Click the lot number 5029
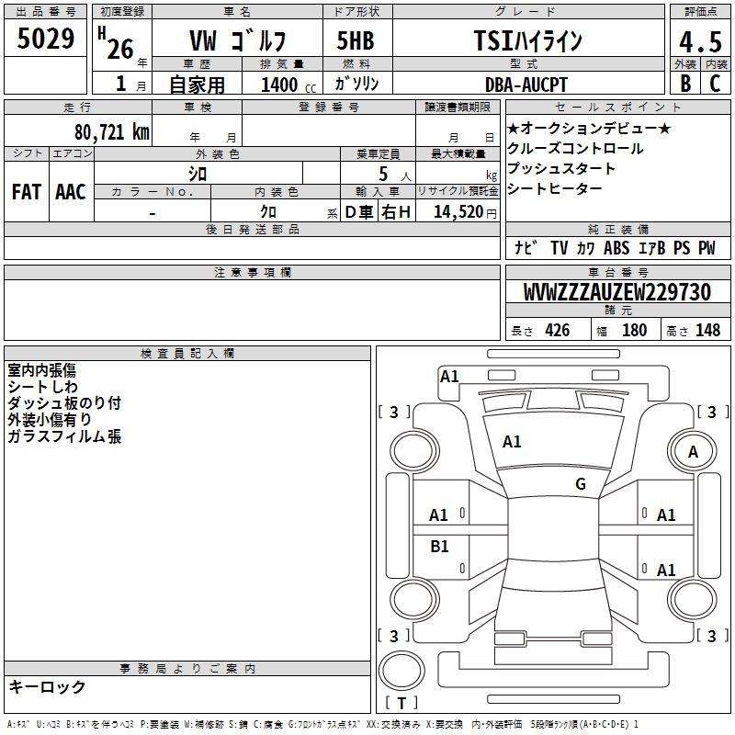click(x=45, y=39)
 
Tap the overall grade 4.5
click(x=700, y=41)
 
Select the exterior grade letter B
click(x=685, y=84)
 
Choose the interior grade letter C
click(x=715, y=84)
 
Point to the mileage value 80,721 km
click(x=112, y=132)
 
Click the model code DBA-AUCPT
click(x=526, y=85)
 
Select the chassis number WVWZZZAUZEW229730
click(x=616, y=292)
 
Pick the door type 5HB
click(x=356, y=40)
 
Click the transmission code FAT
click(x=27, y=192)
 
